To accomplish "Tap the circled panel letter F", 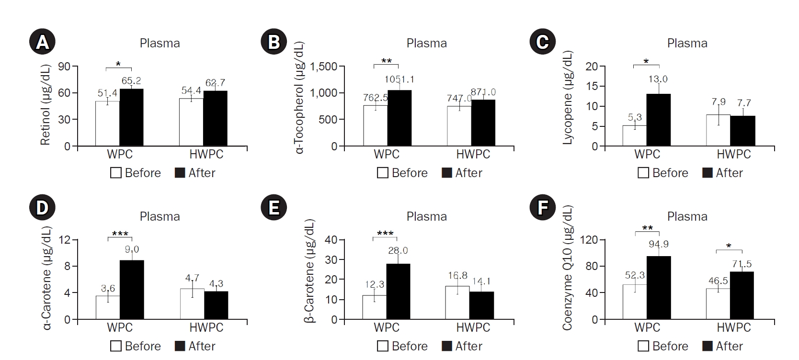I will [x=542, y=208].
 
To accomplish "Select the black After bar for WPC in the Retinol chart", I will [x=131, y=117].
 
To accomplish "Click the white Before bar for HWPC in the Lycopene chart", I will [x=718, y=130].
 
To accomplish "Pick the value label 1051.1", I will [x=399, y=79].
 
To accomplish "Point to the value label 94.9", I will [x=659, y=244].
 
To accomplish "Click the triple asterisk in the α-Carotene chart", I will [x=120, y=234].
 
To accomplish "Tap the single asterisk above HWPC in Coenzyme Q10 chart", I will [x=729, y=246].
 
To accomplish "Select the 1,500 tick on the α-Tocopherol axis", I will [x=324, y=66].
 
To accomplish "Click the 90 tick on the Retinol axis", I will [x=64, y=66].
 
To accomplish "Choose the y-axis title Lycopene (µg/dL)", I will [x=568, y=98].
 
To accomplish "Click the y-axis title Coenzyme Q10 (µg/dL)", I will [x=568, y=268].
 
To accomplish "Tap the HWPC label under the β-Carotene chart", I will [x=473, y=327].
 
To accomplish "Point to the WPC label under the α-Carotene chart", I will [x=120, y=327].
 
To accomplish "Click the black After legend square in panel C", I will [x=707, y=173].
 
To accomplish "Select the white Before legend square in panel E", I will [x=382, y=346].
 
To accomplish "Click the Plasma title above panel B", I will [x=426, y=43].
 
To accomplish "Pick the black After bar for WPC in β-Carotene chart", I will [x=398, y=292].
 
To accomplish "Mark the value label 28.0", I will [x=398, y=250].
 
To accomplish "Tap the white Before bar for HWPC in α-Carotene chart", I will [x=192, y=304].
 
